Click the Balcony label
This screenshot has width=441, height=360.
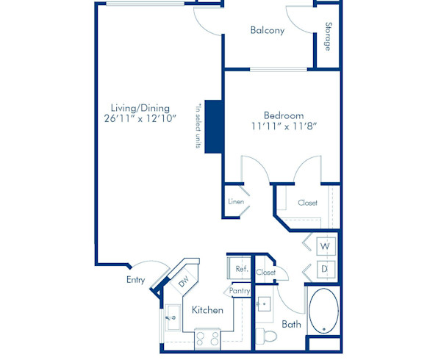click(268, 30)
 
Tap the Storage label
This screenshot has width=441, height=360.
click(328, 37)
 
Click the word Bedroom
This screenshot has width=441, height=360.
click(284, 115)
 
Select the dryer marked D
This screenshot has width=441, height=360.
click(325, 269)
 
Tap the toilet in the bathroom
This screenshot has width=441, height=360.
click(269, 336)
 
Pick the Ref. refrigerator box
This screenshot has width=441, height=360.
click(240, 270)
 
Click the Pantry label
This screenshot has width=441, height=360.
click(240, 291)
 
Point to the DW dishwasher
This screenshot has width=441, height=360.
click(183, 280)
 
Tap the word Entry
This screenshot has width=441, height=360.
click(135, 279)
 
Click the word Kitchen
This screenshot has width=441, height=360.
click(207, 310)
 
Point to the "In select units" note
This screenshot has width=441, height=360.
click(198, 126)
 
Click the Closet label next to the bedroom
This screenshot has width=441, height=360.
click(307, 203)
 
